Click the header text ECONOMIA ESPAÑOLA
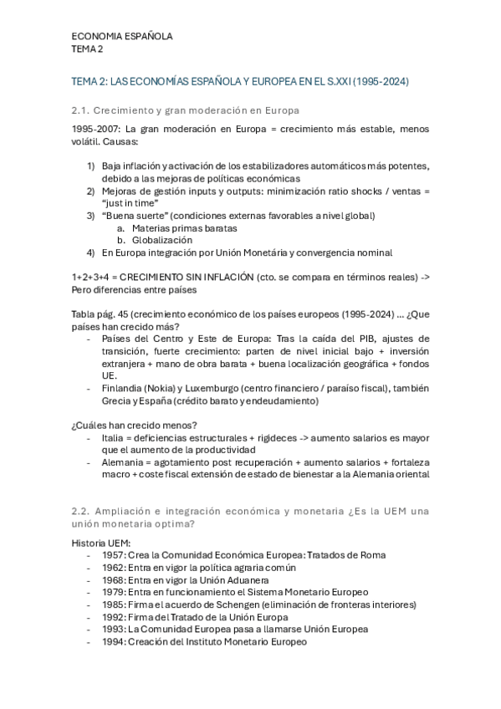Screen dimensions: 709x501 (122, 37)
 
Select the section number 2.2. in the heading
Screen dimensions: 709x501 (81, 511)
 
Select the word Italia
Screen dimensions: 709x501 (114, 437)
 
